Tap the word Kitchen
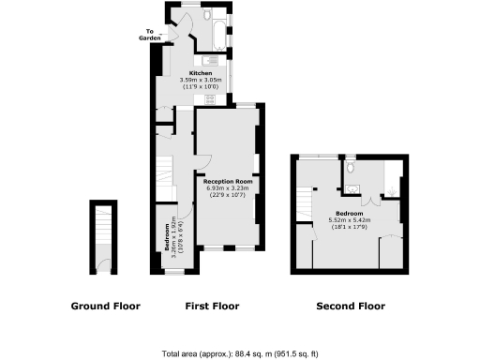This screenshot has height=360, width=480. coord(201,73)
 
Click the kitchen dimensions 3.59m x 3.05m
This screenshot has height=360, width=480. coord(201,80)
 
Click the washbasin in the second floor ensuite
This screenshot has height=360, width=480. coord(352,188)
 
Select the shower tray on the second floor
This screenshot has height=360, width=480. coord(394,176)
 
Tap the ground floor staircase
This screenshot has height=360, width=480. coord(103,234)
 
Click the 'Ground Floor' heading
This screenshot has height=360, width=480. coord(106,307)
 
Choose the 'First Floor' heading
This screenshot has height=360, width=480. coord(213,307)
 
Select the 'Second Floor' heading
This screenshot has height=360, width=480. coord(350,307)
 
